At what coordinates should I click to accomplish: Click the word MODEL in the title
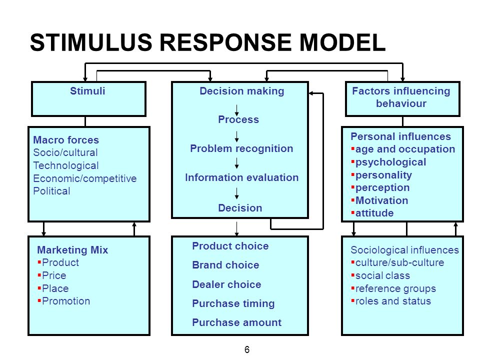(x=342, y=42)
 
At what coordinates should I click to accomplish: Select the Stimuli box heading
(x=87, y=91)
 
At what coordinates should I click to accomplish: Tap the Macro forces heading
(x=66, y=140)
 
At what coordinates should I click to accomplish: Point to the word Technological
(x=66, y=165)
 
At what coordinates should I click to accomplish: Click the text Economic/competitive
(x=85, y=178)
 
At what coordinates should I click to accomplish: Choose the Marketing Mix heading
(x=72, y=250)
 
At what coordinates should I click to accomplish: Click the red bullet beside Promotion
(x=39, y=300)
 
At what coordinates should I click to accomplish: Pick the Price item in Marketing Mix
(x=54, y=275)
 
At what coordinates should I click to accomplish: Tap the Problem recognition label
(x=241, y=148)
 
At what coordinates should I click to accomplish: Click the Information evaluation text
(x=241, y=177)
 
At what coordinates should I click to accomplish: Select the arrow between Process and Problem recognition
(x=236, y=136)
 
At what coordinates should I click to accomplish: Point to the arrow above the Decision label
(x=236, y=193)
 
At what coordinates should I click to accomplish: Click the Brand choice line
(x=225, y=265)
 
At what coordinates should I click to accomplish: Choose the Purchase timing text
(x=233, y=303)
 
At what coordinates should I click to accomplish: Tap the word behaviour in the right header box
(x=401, y=103)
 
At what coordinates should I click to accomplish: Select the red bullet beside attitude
(x=352, y=212)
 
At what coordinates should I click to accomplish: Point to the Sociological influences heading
(x=404, y=250)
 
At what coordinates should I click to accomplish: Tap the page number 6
(x=247, y=349)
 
